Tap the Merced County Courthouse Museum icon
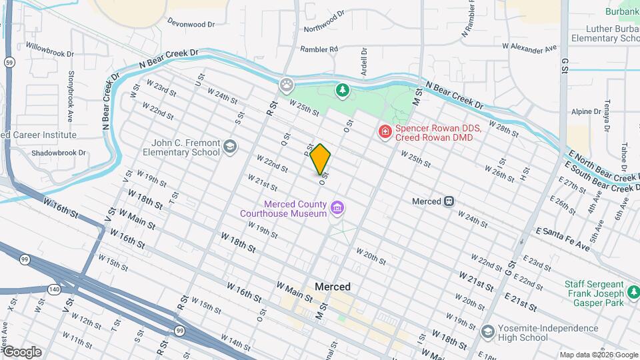click(x=337, y=209)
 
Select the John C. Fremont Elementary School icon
click(x=229, y=147)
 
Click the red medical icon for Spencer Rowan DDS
click(x=385, y=133)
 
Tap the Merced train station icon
click(x=450, y=201)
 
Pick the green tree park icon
click(x=342, y=90)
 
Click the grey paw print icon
click(x=287, y=85)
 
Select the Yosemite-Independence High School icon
click(x=488, y=332)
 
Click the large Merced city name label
click(x=332, y=286)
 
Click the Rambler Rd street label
click(x=319, y=49)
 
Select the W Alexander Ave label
click(x=529, y=48)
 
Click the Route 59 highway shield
click(x=9, y=62)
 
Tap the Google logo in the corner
click(x=22, y=351)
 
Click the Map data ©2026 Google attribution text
click(x=597, y=355)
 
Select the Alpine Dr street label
click(x=583, y=112)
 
